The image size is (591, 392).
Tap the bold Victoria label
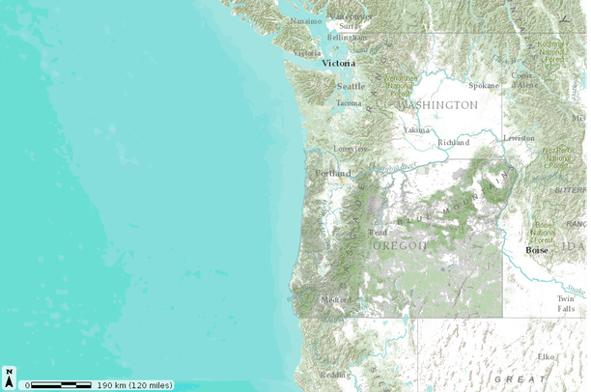(x=338, y=63)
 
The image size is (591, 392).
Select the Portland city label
(x=332, y=174)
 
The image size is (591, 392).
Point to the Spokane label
(x=483, y=85)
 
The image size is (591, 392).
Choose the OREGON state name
(x=400, y=246)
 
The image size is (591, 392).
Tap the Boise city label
(x=536, y=250)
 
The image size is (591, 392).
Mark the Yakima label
(x=417, y=128)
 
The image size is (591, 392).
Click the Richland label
(x=453, y=142)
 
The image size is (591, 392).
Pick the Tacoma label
(x=349, y=102)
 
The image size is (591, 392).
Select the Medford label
(x=336, y=299)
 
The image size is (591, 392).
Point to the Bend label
(x=378, y=232)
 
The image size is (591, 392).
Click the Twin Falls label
(x=565, y=303)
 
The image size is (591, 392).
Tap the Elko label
(x=547, y=356)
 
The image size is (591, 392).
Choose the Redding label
(x=334, y=375)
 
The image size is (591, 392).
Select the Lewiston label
(x=519, y=138)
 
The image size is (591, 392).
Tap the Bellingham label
(x=347, y=37)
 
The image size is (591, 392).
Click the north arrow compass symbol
(x=9, y=378)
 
